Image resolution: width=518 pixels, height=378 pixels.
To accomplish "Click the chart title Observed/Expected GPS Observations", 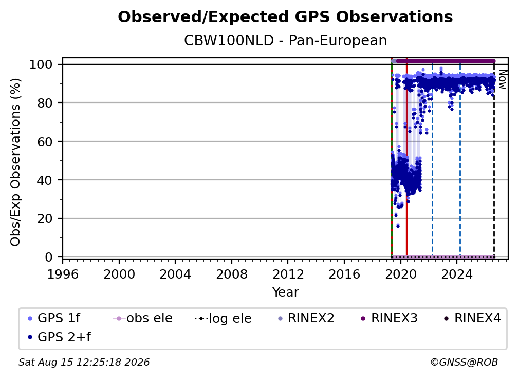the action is pos(285,17).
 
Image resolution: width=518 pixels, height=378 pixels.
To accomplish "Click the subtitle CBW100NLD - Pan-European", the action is pos(285,41).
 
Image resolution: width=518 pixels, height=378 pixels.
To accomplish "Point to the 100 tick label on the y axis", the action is pos(41,64).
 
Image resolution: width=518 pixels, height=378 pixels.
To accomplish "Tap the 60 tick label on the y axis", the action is pos(45,142).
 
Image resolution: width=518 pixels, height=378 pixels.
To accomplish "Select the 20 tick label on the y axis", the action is pos(45,219).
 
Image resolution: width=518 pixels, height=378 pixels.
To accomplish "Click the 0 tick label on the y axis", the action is pos(49,257).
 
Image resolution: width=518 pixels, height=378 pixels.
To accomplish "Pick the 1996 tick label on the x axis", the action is pos(63,274).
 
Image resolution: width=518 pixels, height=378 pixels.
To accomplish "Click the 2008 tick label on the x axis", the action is pos(232,274).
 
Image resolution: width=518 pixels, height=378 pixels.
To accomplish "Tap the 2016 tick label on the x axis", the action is pos(344,274).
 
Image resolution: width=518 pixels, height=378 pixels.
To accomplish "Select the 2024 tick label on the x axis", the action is pos(457,274).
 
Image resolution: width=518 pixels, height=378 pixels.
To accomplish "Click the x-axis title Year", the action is pos(285,293).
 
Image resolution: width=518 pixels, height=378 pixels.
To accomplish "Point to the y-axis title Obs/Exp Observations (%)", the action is pos(15,162).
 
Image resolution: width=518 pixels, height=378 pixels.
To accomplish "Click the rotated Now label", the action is pos(502,79).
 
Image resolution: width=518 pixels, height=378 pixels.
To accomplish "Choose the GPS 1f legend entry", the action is pos(54,318).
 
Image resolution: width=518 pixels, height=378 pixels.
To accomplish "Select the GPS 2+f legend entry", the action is pos(60,337).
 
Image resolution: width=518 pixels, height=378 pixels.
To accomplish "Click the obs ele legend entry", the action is pos(143,318).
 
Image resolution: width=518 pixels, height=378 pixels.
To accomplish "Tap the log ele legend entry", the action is pos(224,319).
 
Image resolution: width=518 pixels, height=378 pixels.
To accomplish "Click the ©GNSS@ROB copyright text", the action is pos(464,363).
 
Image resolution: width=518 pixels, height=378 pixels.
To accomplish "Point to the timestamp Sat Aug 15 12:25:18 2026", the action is pos(84,363).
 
